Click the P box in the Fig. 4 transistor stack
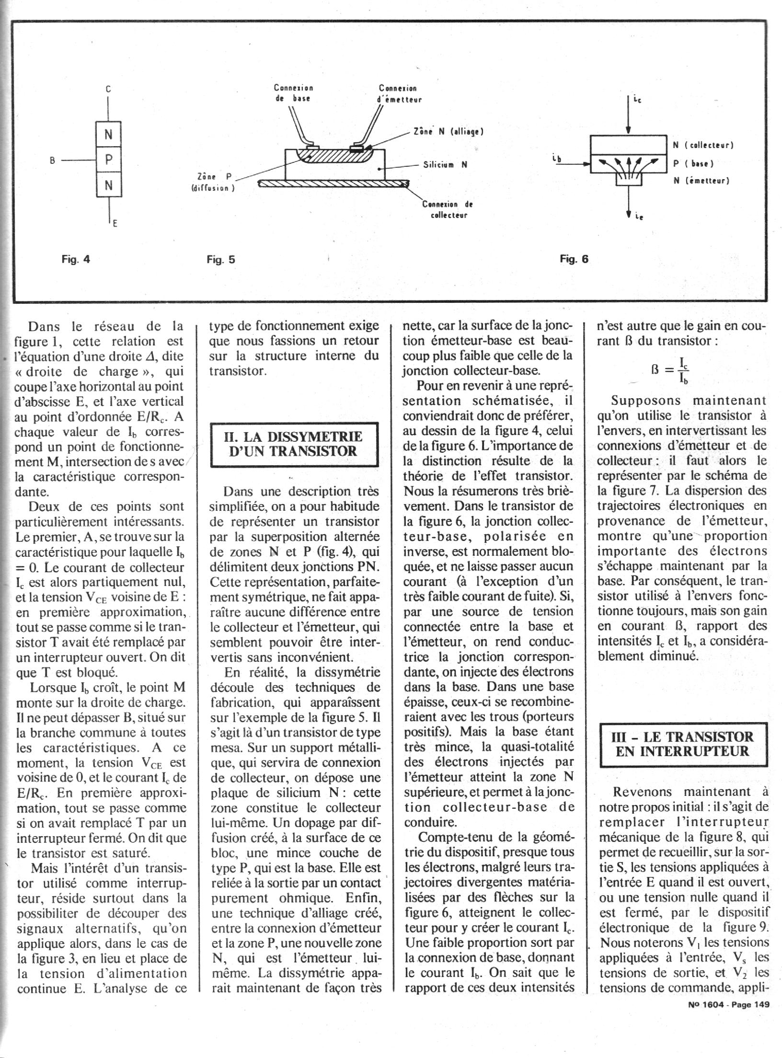[x=109, y=161]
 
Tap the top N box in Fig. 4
[x=109, y=135]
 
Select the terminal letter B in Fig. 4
[x=52, y=161]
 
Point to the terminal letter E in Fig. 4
[x=115, y=223]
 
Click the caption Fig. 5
[x=221, y=260]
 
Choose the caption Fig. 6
[x=574, y=259]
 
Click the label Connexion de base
[x=293, y=93]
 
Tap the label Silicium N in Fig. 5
[x=445, y=164]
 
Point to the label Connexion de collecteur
[x=448, y=209]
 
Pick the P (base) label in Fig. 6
[x=693, y=163]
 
